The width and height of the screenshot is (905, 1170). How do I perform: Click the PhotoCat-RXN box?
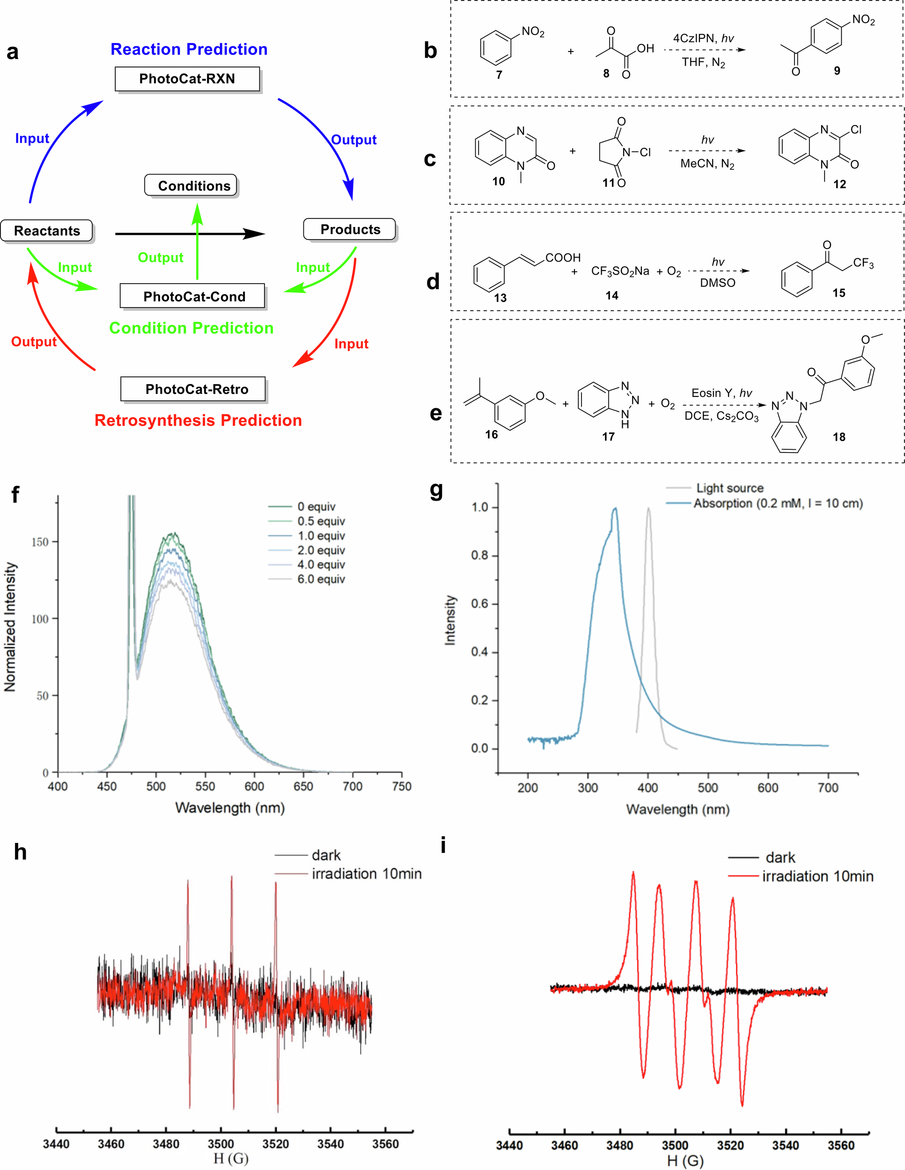187,79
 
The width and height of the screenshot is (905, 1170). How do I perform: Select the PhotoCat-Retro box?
193,389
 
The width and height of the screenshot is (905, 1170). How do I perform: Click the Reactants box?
47,230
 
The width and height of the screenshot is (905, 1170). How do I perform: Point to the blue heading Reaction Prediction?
189,49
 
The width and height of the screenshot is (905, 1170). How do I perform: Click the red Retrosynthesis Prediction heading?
198,420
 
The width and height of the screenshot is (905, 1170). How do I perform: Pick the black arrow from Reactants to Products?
190,234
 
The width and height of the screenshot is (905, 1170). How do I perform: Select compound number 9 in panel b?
837,71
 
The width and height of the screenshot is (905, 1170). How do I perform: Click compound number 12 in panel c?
839,184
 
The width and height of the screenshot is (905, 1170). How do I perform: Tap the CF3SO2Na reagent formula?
619,271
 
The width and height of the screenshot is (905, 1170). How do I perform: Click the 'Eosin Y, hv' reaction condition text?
721,393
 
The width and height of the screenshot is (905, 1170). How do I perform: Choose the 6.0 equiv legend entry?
320,579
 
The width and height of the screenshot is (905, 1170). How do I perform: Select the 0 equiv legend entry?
316,506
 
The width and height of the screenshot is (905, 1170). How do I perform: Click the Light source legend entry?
728,488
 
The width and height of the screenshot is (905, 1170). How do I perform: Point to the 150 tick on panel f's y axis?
40,541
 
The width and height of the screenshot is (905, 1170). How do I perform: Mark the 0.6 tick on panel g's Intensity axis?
479,604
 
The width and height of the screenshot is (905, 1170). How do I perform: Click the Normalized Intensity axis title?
10,627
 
